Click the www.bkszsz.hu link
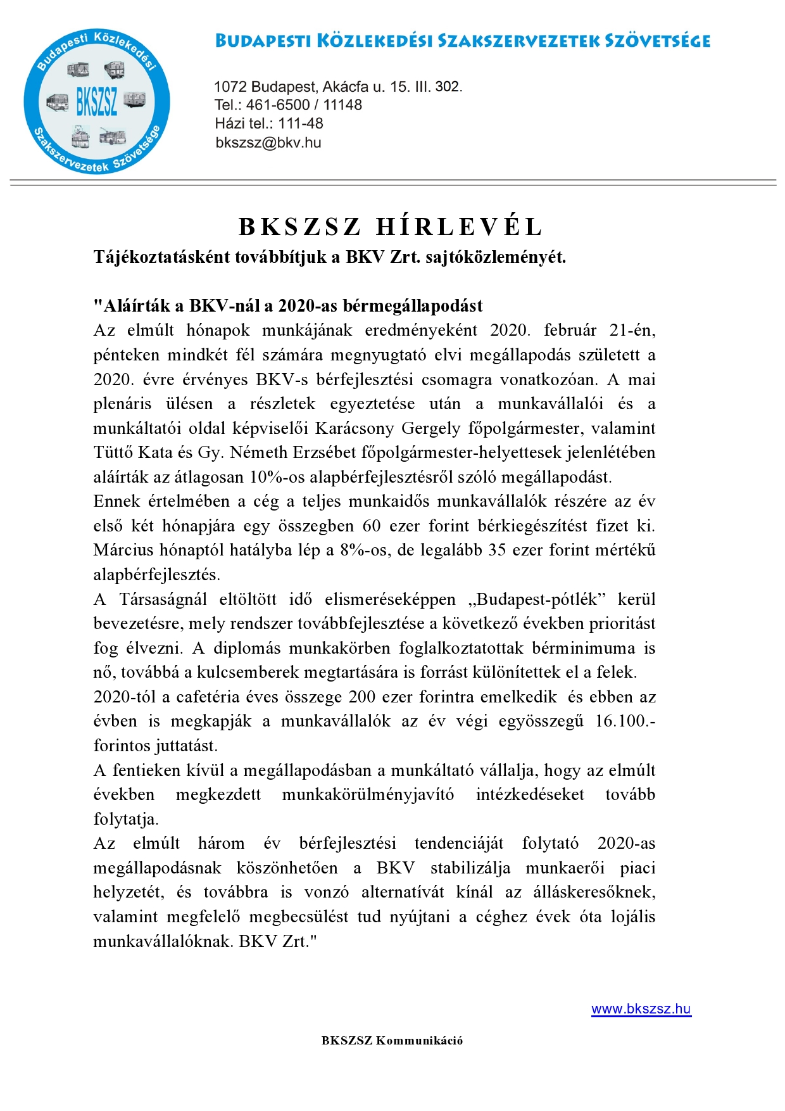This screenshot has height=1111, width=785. [x=641, y=1009]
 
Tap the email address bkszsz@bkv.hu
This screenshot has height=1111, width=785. [x=268, y=143]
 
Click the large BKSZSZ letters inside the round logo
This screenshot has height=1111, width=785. [x=97, y=101]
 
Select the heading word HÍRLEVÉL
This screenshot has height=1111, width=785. [x=460, y=227]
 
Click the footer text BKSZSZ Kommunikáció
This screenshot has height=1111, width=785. [x=392, y=1040]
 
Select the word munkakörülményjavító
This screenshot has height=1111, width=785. [x=368, y=794]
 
